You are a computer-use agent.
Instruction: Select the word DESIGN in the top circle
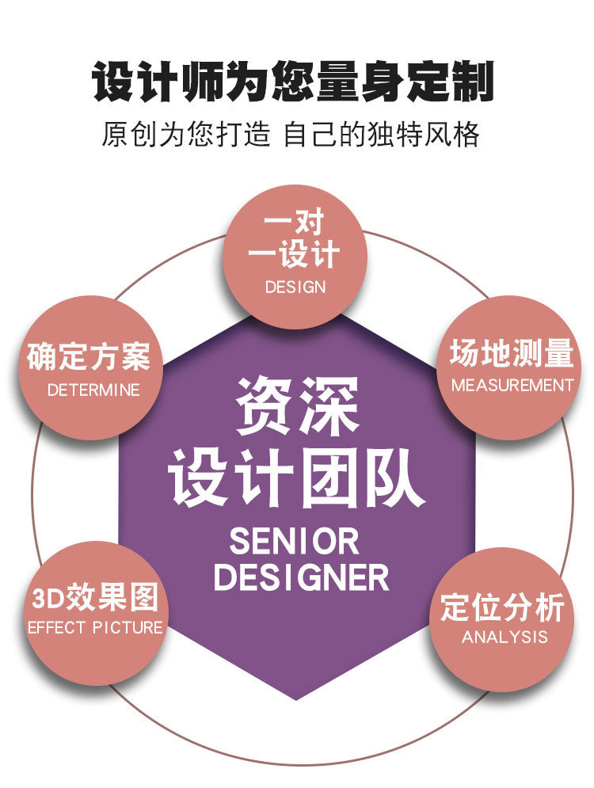295,287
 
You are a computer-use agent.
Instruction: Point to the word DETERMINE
93,390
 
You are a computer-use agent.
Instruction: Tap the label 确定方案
89,357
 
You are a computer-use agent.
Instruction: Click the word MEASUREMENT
512,386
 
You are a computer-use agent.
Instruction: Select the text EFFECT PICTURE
95,628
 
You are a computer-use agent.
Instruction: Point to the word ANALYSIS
505,637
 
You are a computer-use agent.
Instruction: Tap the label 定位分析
502,607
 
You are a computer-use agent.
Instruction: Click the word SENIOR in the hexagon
295,542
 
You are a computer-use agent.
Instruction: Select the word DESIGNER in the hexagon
302,578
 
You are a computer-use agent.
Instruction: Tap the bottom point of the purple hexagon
296,699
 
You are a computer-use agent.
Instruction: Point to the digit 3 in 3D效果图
39,598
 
